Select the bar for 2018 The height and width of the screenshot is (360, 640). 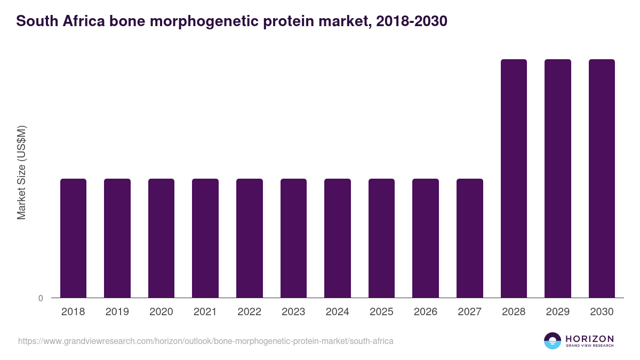(73, 238)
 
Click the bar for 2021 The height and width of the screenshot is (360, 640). (205, 238)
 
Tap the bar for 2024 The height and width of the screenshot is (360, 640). (338, 238)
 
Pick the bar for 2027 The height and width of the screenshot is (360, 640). (470, 238)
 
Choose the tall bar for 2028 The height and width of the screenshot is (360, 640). (514, 178)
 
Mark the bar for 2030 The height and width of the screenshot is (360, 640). (602, 178)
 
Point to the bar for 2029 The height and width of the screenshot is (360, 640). (558, 178)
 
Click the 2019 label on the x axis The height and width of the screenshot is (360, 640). (117, 312)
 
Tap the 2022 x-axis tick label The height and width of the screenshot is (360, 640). (249, 312)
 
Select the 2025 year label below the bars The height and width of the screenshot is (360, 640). (381, 312)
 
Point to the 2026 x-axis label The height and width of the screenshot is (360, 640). (426, 312)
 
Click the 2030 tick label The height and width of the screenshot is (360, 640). (602, 312)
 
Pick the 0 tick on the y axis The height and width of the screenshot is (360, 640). (41, 299)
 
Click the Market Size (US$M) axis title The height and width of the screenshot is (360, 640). (21, 173)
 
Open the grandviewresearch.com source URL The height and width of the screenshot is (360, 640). (206, 341)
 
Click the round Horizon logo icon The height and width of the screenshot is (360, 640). (553, 341)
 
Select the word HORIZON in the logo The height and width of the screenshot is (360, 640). (589, 339)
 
